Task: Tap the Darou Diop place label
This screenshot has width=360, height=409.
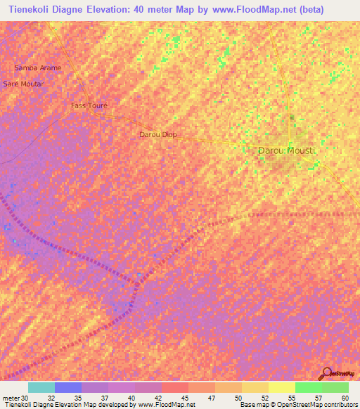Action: [158, 134]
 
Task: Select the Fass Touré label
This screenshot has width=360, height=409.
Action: [89, 105]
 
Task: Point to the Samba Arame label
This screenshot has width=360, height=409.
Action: [38, 68]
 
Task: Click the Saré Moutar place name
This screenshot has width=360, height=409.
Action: [23, 84]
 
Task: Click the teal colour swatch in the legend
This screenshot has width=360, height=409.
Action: [41, 387]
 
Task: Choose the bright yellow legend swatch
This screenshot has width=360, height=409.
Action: [281, 387]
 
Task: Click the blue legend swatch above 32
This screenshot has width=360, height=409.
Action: [68, 387]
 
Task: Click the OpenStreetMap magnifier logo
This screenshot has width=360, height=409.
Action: [326, 372]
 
